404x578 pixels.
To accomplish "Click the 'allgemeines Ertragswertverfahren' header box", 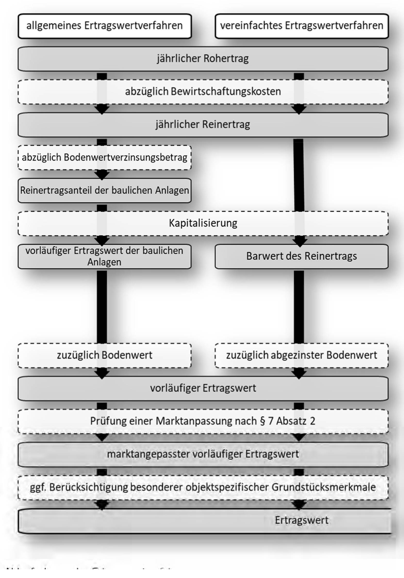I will point(104,26).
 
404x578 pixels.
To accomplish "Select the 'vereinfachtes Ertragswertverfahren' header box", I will point(301,26).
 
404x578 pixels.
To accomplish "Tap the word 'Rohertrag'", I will point(226,59).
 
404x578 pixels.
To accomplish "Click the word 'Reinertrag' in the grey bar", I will point(226,125).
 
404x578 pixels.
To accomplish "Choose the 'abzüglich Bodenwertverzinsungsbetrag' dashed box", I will point(104,157).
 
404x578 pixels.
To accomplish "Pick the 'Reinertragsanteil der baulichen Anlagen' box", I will point(104,190).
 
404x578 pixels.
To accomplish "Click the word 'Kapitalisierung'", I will point(203,223).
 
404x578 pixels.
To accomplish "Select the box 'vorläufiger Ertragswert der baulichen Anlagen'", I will point(104,256).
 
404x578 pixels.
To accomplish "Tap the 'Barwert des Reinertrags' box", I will point(301,256).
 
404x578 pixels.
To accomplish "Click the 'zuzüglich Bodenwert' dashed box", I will point(104,355).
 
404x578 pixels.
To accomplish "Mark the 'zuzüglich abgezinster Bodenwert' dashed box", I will point(301,355).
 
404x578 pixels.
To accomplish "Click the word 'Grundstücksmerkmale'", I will point(324,487).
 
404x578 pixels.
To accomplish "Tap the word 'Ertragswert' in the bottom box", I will point(301,520).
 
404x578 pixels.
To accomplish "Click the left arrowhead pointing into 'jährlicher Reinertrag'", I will point(102,110).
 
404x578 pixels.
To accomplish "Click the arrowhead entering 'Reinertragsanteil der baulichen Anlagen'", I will point(102,176).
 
